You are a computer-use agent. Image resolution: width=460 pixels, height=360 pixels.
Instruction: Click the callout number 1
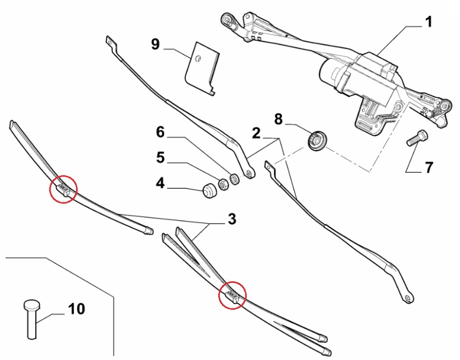coord(428,22)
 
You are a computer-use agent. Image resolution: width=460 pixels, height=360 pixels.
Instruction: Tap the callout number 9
coord(156,44)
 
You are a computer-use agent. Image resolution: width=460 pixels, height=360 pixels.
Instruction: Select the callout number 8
coord(278,119)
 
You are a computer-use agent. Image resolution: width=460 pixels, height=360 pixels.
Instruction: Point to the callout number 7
coord(428,167)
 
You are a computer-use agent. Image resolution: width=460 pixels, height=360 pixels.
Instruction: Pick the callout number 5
coord(160,157)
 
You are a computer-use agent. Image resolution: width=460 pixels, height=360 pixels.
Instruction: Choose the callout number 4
coord(160,183)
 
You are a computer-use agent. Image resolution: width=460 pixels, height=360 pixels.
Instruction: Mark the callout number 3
coord(232,219)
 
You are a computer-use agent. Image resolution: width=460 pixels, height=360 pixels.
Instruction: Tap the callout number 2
coord(256,134)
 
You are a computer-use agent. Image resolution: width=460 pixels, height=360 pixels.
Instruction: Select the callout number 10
coord(76,309)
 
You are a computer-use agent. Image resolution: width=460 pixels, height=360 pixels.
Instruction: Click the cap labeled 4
coord(209,191)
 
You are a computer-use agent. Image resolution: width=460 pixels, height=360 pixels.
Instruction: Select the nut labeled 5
coord(223,184)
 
